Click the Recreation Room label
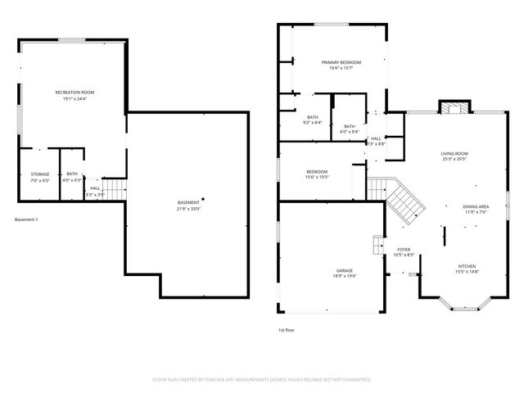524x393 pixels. pyautogui.click(x=75, y=95)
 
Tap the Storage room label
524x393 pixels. pyautogui.click(x=40, y=177)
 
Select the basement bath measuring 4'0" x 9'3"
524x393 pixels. pyautogui.click(x=72, y=177)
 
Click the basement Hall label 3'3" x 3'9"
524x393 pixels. pyautogui.click(x=95, y=191)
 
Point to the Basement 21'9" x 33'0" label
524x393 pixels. pyautogui.click(x=188, y=206)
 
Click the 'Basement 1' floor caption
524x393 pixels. pyautogui.click(x=26, y=219)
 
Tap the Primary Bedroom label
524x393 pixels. pyautogui.click(x=341, y=65)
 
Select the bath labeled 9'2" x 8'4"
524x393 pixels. pyautogui.click(x=313, y=120)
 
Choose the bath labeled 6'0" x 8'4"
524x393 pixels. pyautogui.click(x=350, y=129)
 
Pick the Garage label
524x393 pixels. pyautogui.click(x=344, y=273)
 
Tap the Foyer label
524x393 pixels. pyautogui.click(x=404, y=251)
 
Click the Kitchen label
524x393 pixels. pyautogui.click(x=466, y=269)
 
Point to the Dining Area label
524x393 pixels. pyautogui.click(x=476, y=209)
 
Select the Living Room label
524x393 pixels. pyautogui.click(x=454, y=156)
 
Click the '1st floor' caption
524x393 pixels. pyautogui.click(x=287, y=330)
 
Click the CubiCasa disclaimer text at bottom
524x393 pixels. pyautogui.click(x=262, y=380)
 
